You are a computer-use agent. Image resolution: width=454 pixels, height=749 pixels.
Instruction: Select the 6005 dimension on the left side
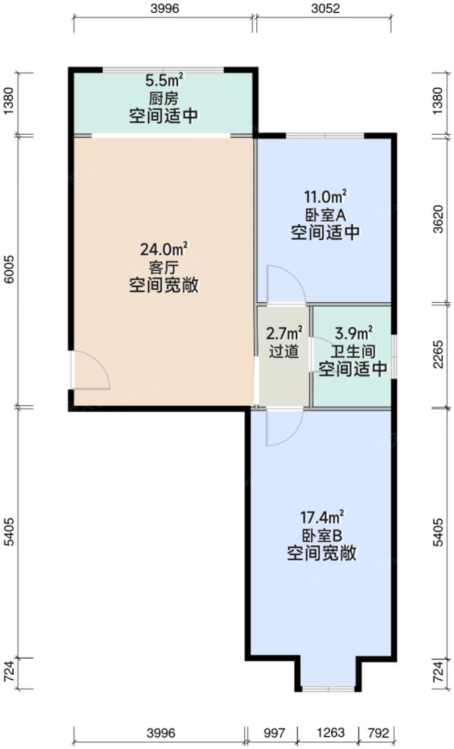tap(9, 270)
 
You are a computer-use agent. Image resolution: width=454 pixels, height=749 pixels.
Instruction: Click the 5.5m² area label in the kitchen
tap(163, 80)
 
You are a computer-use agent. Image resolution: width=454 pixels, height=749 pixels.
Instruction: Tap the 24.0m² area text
tap(164, 248)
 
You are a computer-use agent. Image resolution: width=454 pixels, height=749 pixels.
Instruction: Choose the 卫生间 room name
tap(353, 351)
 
